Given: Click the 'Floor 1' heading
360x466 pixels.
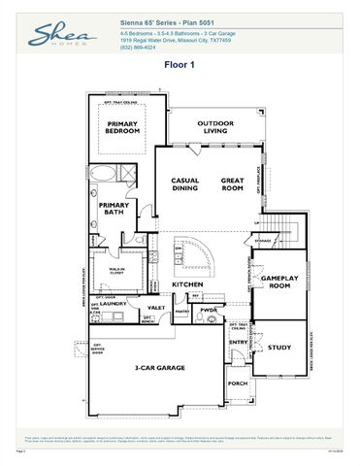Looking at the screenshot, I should point(180,65).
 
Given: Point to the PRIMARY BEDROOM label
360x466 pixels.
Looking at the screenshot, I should point(123,128).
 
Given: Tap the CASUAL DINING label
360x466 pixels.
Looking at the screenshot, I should point(184,184).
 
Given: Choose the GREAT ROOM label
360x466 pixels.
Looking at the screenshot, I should point(232,184).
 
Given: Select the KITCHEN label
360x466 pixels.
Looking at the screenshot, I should point(187,284).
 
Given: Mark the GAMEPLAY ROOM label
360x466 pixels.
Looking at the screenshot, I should point(278,283).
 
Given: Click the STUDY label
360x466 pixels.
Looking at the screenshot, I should point(278,347).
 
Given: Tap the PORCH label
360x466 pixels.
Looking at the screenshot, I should point(237,383).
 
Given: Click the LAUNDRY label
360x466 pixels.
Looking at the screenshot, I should point(115,304).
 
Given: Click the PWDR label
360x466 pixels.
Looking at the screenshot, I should point(208,311).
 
